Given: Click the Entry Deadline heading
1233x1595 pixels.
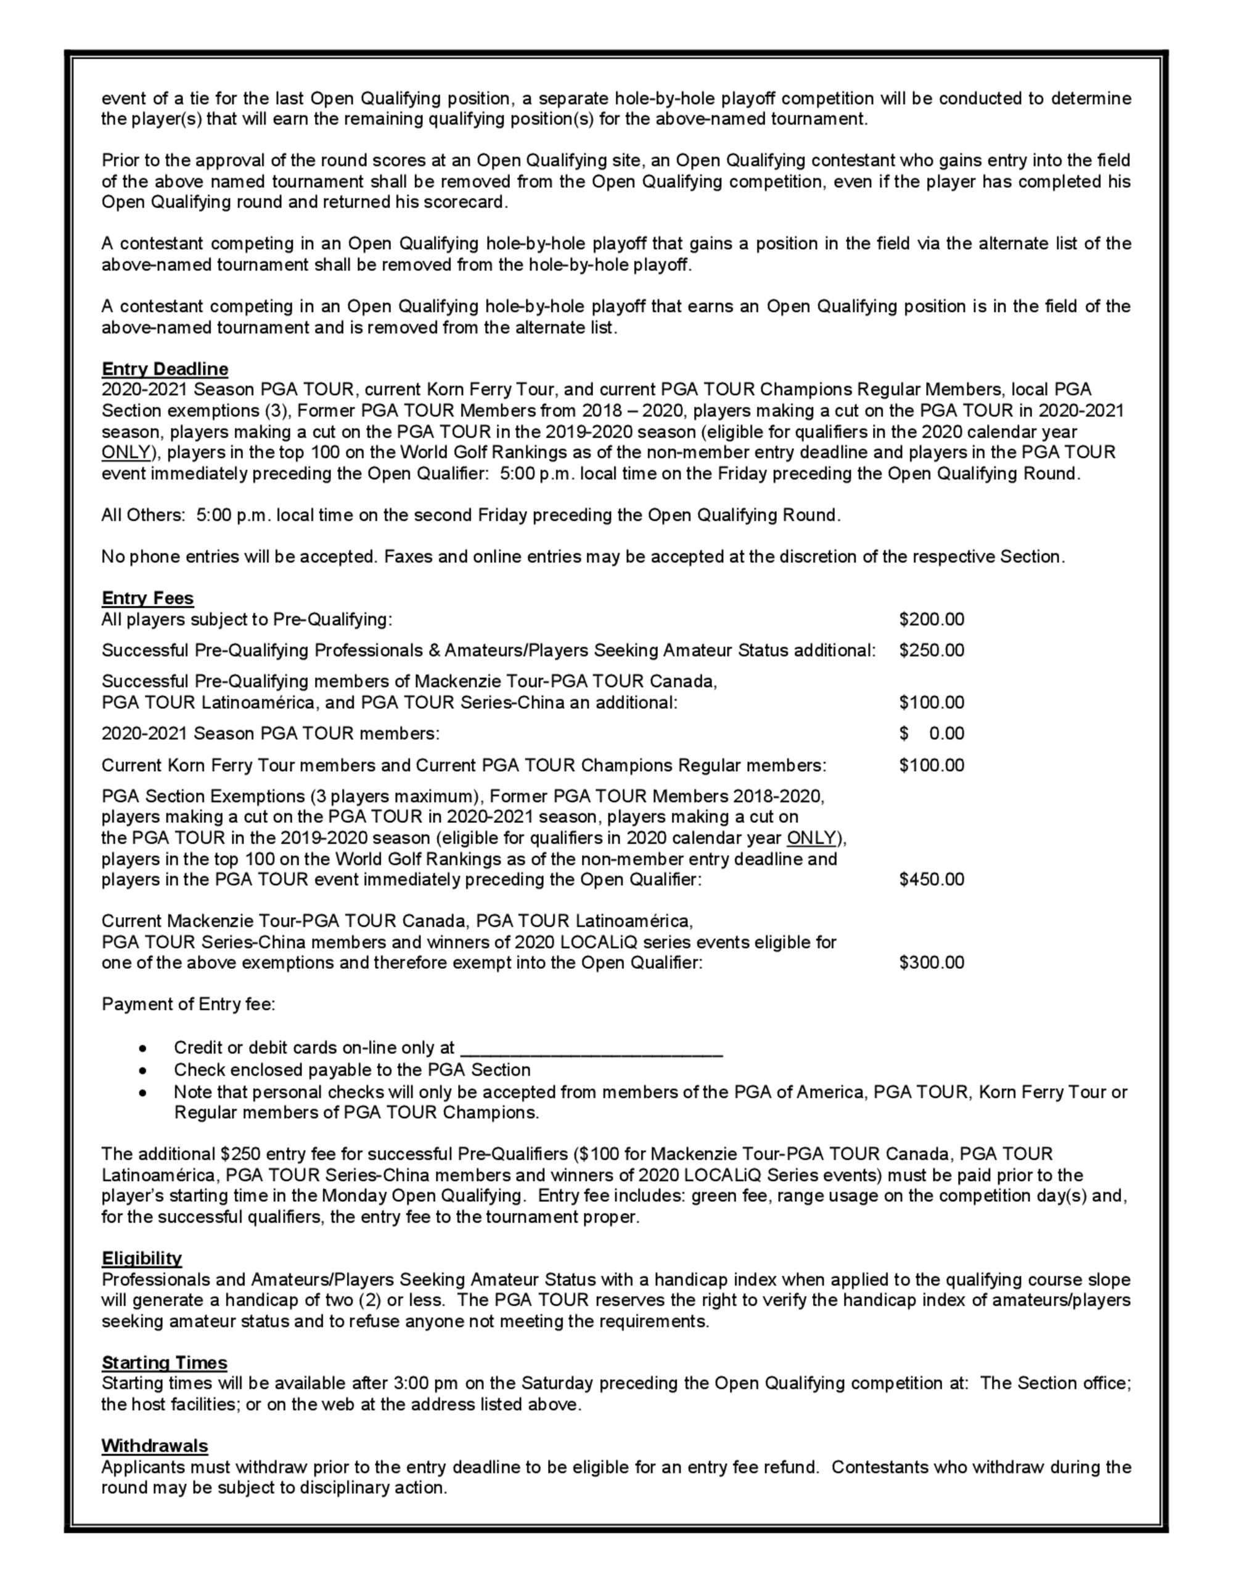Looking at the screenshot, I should (165, 369).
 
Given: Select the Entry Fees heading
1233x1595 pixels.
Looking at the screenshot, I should (147, 598).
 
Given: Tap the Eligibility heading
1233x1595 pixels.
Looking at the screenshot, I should (142, 1258).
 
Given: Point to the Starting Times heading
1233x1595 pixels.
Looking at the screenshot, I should (165, 1362).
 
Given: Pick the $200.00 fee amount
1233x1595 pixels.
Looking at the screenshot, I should (932, 619).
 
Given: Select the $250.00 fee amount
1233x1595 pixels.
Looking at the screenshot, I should (932, 650).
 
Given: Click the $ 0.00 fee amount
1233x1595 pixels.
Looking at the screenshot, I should (932, 733).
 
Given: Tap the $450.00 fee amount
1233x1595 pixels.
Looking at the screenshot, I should (932, 879).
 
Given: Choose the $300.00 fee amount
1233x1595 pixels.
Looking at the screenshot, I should (932, 963).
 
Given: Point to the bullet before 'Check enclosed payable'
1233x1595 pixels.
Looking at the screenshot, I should (144, 1071).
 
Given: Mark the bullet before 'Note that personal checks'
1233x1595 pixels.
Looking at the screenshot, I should (144, 1093).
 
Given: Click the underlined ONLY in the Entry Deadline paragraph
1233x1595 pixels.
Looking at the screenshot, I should (126, 453).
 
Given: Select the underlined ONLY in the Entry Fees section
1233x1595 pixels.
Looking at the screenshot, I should (811, 838).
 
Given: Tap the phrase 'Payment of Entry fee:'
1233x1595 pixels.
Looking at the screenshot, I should (189, 1004).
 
